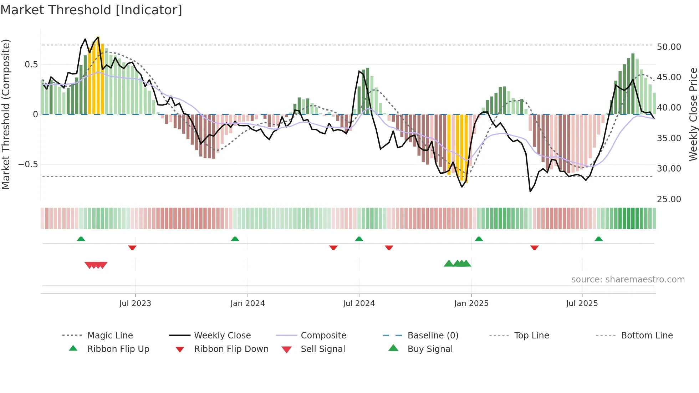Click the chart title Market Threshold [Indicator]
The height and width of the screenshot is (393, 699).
click(91, 10)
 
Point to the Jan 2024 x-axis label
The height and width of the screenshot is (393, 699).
click(248, 303)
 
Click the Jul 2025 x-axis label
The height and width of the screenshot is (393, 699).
click(582, 303)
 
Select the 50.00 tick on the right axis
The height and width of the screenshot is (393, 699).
click(669, 47)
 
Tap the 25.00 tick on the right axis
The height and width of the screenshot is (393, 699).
click(669, 199)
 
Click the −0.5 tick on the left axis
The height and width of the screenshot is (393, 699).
click(28, 164)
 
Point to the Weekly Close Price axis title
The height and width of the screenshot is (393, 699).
click(693, 114)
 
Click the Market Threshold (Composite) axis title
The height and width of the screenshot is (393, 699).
click(6, 114)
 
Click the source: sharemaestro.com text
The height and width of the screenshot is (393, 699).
click(628, 279)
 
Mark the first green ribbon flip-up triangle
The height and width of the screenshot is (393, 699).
click(81, 239)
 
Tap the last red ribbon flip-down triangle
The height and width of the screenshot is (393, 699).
click(534, 247)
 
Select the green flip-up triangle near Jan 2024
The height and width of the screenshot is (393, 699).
click(235, 239)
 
